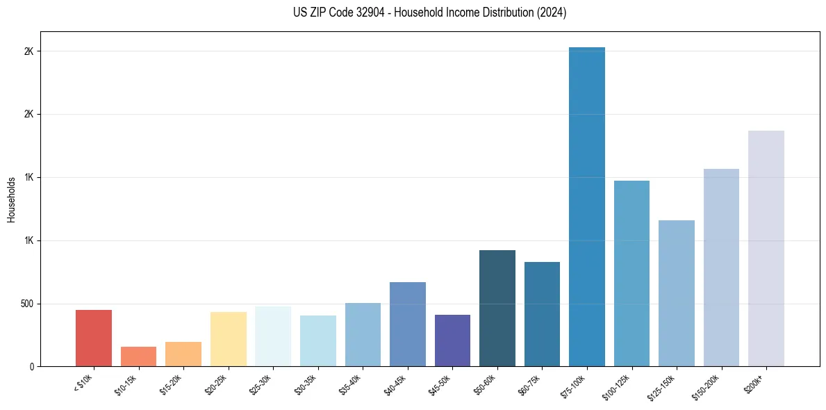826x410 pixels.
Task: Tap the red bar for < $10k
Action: coord(94,338)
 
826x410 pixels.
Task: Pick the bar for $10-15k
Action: coord(138,356)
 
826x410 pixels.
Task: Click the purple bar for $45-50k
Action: coord(452,341)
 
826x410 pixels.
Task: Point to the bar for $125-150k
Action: coord(677,293)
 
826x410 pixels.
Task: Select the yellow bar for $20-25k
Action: coord(228,339)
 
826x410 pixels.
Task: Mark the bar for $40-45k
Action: coord(408,324)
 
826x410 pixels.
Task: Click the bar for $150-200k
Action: coord(721,268)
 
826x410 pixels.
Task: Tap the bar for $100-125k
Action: coord(631,273)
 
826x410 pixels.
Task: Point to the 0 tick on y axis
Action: coord(32,367)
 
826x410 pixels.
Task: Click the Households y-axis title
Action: coord(11,199)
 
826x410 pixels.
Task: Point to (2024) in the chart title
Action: coord(552,13)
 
